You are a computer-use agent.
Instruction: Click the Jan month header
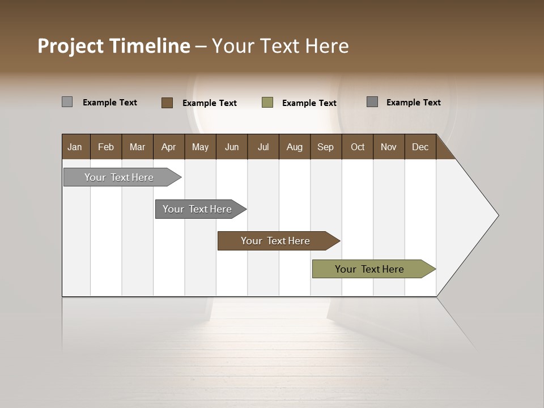tap(75, 147)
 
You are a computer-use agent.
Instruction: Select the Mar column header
tap(137, 147)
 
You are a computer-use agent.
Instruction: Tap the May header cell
tap(200, 147)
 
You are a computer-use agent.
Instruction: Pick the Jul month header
tap(263, 147)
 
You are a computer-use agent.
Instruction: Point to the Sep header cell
tap(326, 147)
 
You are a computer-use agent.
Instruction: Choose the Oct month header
tap(358, 147)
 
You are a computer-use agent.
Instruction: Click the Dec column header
tap(420, 147)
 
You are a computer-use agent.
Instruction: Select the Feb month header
tap(106, 147)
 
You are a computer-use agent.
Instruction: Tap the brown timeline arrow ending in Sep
tap(276, 241)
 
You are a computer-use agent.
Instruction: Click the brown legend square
tap(167, 103)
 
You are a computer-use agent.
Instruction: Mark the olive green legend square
tap(267, 103)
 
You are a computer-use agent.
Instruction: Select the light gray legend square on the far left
tap(67, 102)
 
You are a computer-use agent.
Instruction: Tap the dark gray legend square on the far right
tap(372, 102)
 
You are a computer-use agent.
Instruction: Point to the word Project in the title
tap(71, 46)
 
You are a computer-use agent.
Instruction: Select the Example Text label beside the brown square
tap(210, 103)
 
